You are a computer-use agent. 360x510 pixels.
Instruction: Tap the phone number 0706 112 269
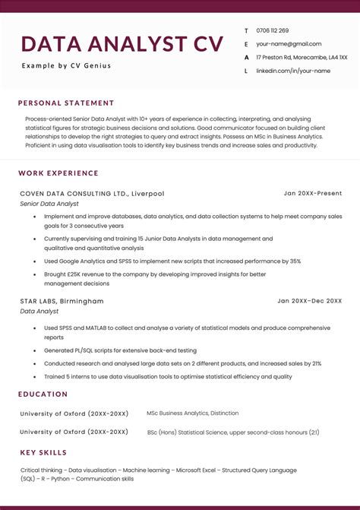pos(273,30)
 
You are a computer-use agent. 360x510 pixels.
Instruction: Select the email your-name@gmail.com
pos(289,44)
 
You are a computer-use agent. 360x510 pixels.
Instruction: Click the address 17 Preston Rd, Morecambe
pos(302,57)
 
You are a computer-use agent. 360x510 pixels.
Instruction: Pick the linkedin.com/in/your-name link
pos(293,71)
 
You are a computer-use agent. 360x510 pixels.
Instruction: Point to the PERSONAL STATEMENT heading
pos(66,103)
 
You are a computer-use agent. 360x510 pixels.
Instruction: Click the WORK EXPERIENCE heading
pos(58,173)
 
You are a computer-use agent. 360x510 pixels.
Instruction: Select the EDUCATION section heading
pos(43,394)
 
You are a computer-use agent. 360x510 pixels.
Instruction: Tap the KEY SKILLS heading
pos(43,453)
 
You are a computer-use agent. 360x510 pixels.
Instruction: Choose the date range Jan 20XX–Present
pos(313,193)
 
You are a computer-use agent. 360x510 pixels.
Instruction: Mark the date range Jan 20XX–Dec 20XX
pos(309,301)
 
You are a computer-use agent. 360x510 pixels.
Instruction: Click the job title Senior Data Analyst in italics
pos(49,204)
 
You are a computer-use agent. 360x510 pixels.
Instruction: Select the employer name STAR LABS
pos(41,301)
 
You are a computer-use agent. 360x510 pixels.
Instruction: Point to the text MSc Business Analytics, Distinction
pos(192,413)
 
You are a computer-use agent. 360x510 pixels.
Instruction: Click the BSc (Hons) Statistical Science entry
pos(232,432)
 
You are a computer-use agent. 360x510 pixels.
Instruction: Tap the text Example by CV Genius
pos(66,65)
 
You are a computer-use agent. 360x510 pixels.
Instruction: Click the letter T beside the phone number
pos(246,31)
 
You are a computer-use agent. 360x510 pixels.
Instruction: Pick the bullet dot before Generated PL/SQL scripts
pos(35,350)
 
